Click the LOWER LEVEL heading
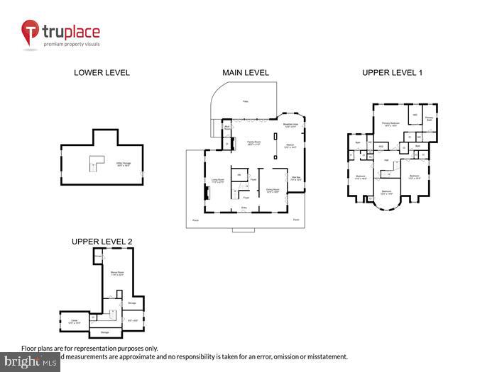102,72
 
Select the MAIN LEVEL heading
246,72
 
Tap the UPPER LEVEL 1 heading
392,72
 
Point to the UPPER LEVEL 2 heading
102,242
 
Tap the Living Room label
217,181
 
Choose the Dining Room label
272,190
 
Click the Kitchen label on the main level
290,147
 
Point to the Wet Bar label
295,179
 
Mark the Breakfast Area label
291,125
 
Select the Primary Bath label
429,119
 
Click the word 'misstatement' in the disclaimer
322,356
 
